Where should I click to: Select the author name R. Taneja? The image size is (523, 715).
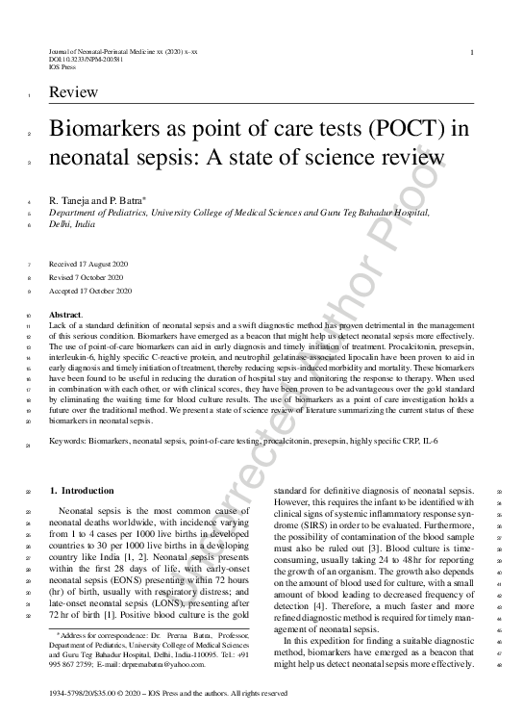tap(72, 200)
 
